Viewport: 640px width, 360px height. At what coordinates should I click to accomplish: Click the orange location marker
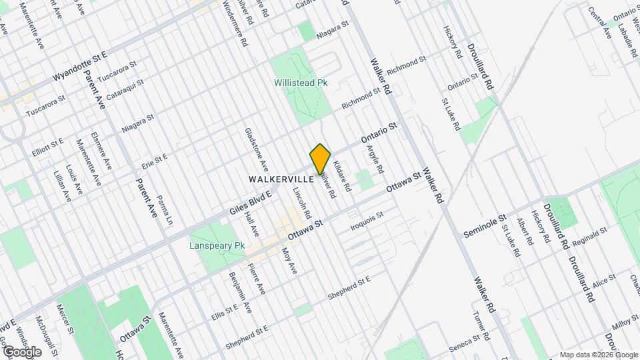(x=320, y=159)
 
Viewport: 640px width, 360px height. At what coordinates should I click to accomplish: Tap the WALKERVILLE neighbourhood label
(x=281, y=179)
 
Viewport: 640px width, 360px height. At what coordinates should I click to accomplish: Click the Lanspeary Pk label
(x=217, y=246)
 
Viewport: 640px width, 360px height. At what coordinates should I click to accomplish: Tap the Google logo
(x=22, y=351)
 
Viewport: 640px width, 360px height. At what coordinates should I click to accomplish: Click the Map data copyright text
(x=598, y=354)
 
